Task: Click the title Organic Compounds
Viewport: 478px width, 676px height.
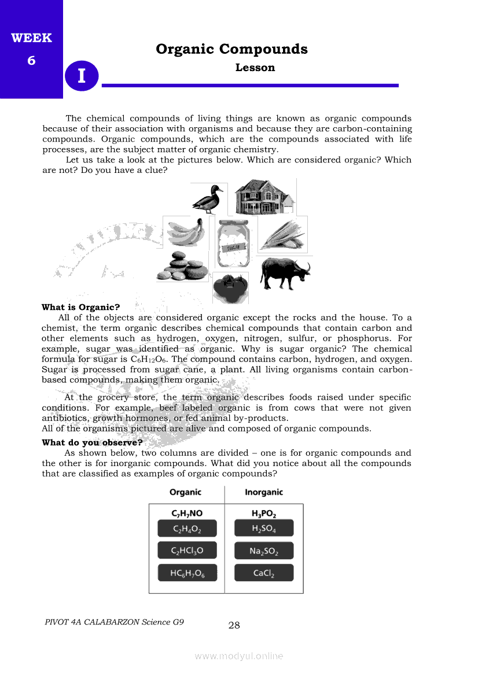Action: (x=231, y=49)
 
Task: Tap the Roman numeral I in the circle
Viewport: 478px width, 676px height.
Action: (x=82, y=76)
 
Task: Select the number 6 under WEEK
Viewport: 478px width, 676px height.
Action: (x=31, y=60)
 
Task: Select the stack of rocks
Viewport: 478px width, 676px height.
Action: (x=183, y=267)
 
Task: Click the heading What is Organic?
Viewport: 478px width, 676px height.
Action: (x=80, y=307)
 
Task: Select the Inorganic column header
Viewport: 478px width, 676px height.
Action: (x=264, y=492)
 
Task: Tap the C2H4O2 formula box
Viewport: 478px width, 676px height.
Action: (x=187, y=529)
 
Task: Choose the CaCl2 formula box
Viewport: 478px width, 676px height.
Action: (x=264, y=573)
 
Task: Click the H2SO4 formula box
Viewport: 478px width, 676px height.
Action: (x=264, y=529)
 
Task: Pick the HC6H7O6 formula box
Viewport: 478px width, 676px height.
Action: (x=187, y=573)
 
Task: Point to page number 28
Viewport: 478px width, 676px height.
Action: (x=234, y=625)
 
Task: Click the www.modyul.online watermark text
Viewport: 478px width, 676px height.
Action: (x=239, y=656)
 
